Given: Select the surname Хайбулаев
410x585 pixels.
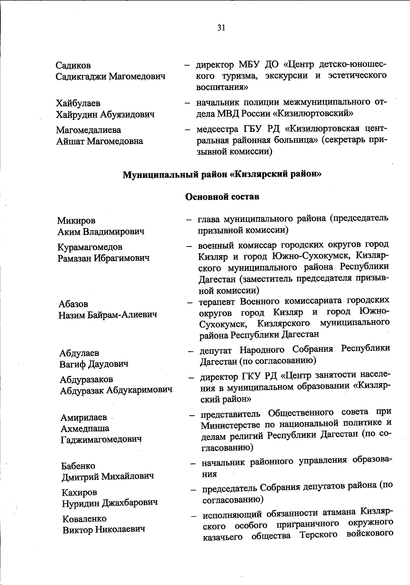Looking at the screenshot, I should pyautogui.click(x=78, y=103).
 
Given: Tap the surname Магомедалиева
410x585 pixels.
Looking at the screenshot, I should pyautogui.click(x=88, y=130).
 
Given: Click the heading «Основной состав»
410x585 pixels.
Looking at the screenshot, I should pyautogui.click(x=222, y=197).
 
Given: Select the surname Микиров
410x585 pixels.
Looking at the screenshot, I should pyautogui.click(x=76, y=221).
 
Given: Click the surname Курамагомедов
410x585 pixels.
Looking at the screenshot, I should pyautogui.click(x=90, y=247).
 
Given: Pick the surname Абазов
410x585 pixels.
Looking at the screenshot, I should pyautogui.click(x=73, y=304).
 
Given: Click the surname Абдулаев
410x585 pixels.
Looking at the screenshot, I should pyautogui.click(x=79, y=353).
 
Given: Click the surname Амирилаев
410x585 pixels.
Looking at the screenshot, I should pyautogui.click(x=84, y=417).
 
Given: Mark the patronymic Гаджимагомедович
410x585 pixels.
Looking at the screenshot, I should pyautogui.click(x=101, y=440).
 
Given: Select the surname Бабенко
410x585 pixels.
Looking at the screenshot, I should pyautogui.click(x=79, y=466).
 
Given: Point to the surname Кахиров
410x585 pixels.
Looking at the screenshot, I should pyautogui.click(x=80, y=492).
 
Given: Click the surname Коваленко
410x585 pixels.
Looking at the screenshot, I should pyautogui.click(x=85, y=519).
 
